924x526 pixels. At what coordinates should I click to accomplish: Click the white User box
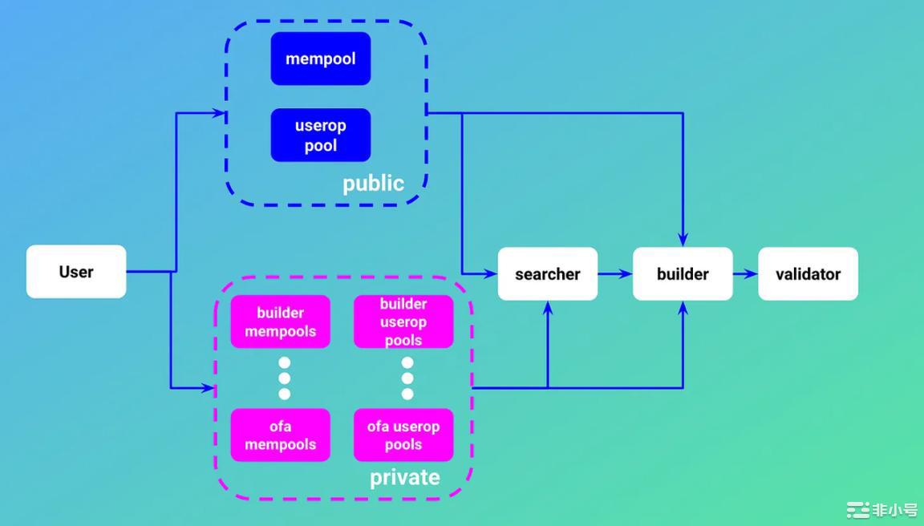tap(76, 272)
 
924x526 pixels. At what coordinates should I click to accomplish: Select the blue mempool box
tap(321, 59)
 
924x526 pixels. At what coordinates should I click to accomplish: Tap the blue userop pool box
tap(321, 136)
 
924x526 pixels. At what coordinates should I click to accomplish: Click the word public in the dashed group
tap(373, 184)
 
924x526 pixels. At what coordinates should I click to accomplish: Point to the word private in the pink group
tap(404, 478)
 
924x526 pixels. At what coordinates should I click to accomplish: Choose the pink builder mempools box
tap(281, 322)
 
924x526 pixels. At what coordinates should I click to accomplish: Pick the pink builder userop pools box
tap(403, 322)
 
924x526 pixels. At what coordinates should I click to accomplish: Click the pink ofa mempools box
tap(281, 435)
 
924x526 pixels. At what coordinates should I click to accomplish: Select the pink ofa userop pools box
tap(403, 435)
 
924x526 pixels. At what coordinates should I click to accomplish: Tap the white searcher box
tap(548, 274)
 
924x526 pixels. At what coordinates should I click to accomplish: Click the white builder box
tap(683, 274)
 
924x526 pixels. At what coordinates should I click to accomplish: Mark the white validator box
tap(808, 274)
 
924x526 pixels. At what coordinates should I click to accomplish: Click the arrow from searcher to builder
tap(615, 274)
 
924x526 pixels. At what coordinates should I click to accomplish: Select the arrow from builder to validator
tap(745, 274)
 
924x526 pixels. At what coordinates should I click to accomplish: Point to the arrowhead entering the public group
tap(219, 113)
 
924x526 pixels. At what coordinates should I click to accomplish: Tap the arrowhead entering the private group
tap(209, 388)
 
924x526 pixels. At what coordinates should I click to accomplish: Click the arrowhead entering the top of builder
tap(683, 240)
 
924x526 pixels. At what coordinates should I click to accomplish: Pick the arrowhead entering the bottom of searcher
tap(548, 308)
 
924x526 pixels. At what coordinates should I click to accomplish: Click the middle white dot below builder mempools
tap(284, 378)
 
